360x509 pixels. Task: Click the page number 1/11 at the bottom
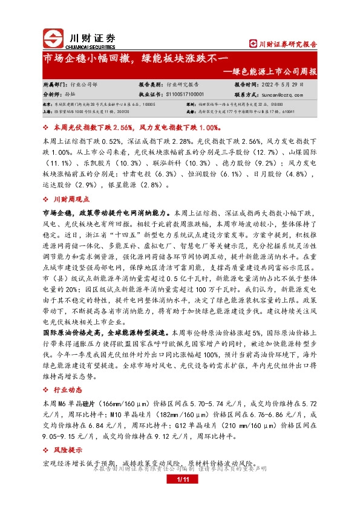(180, 479)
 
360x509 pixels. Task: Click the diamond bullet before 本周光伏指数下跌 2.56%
(46, 129)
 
